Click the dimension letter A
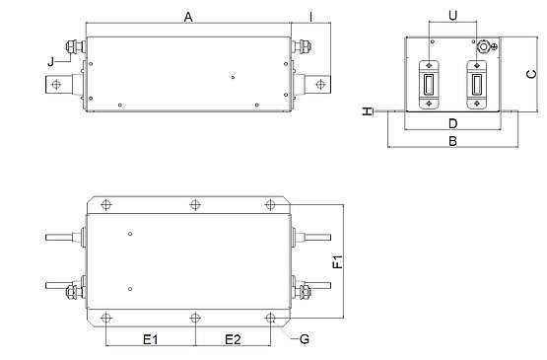(x=188, y=17)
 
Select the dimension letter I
(x=310, y=17)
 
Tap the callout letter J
(x=51, y=62)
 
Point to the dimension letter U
(x=452, y=16)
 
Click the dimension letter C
(x=531, y=74)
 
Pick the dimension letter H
(x=367, y=111)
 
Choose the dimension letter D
(x=452, y=123)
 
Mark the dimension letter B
(x=452, y=141)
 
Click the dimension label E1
(x=151, y=339)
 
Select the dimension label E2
(x=233, y=339)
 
